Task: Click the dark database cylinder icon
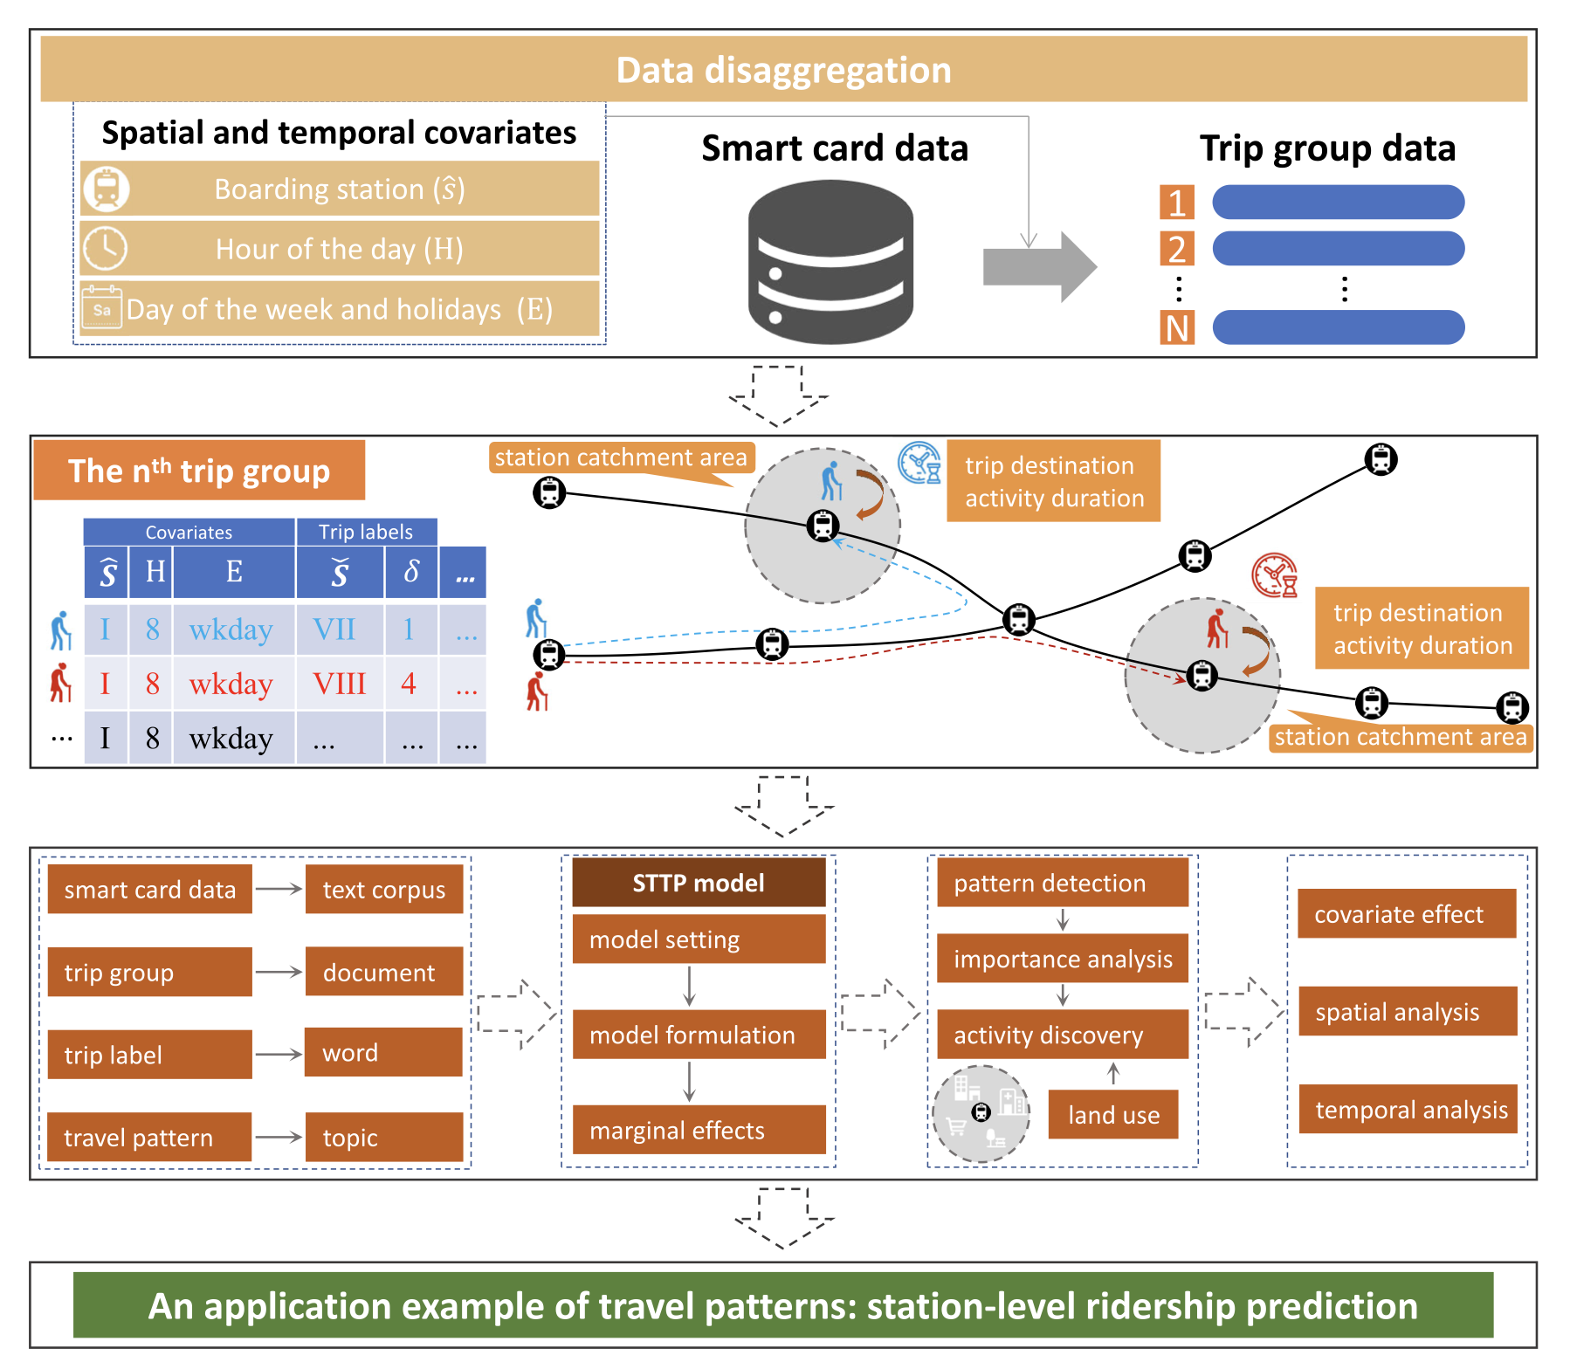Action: (x=830, y=262)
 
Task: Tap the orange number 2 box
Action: (x=1176, y=249)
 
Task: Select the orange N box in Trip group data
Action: (x=1176, y=328)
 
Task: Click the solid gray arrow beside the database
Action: (x=1039, y=266)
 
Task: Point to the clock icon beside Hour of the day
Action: (x=105, y=249)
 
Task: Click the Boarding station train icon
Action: (x=107, y=189)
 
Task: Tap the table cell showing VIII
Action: (x=340, y=684)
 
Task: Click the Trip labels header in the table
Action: (x=366, y=532)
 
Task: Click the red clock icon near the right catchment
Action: (x=1274, y=575)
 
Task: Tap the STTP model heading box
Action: (x=699, y=883)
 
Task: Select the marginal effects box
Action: (x=699, y=1130)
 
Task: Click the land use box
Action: (x=1113, y=1114)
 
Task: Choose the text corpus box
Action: (x=384, y=889)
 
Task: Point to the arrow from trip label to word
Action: (x=279, y=1054)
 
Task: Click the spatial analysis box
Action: (x=1408, y=1011)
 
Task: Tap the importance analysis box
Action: (x=1063, y=959)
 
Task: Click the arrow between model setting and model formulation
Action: (x=690, y=986)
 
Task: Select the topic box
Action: (x=384, y=1137)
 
